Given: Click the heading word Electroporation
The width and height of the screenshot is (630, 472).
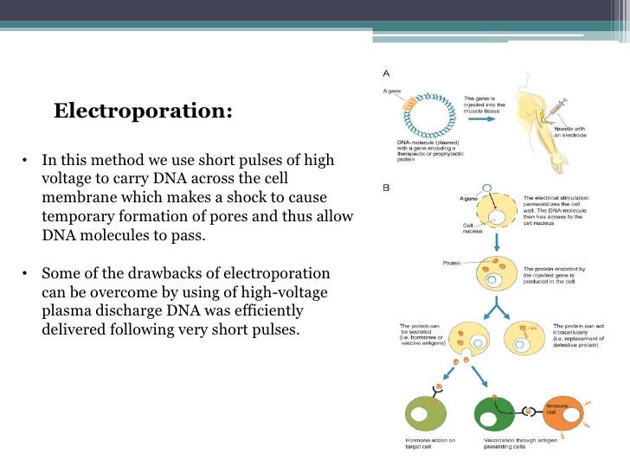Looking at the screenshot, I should [x=142, y=112].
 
